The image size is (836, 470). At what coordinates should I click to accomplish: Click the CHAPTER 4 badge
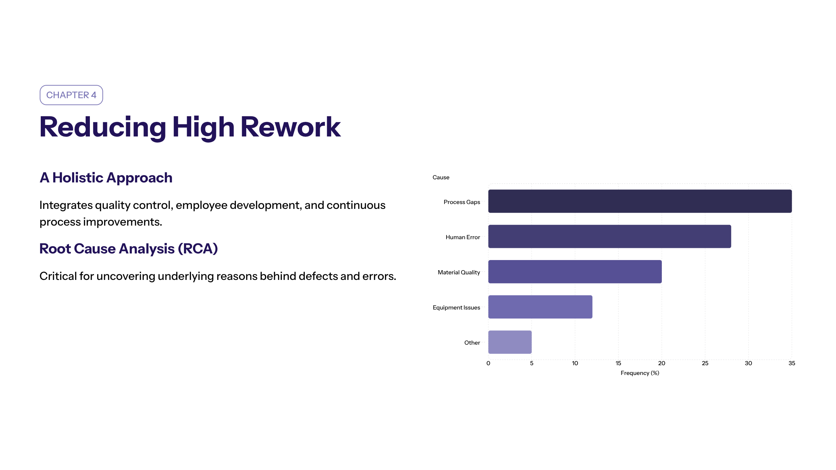(x=71, y=95)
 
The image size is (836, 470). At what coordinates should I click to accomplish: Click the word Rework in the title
(x=291, y=127)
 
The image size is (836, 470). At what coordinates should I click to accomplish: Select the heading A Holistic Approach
(x=106, y=178)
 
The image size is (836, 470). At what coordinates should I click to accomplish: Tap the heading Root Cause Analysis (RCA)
(x=129, y=249)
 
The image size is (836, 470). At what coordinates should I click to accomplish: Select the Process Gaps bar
(x=640, y=201)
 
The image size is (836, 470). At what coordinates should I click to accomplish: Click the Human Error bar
(x=610, y=236)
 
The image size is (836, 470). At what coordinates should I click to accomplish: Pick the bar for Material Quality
(x=575, y=272)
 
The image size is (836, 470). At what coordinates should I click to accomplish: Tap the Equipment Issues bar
(x=540, y=307)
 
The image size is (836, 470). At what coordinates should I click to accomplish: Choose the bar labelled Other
(x=510, y=342)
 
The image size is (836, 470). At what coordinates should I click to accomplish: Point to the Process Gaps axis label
(x=462, y=202)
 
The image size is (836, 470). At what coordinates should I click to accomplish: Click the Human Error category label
(x=463, y=237)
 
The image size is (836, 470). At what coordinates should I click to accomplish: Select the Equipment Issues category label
(x=456, y=307)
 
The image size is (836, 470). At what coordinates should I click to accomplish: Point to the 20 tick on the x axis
(x=661, y=363)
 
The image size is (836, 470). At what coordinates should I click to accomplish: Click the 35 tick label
(x=792, y=363)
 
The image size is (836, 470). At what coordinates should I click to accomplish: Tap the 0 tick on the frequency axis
(x=488, y=363)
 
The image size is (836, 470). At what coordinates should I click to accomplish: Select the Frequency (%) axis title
(x=640, y=373)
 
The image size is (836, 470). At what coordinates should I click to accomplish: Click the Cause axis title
(x=441, y=178)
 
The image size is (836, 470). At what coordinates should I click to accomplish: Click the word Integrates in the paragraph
(x=66, y=205)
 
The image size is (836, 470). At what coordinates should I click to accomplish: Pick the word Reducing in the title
(x=103, y=127)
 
